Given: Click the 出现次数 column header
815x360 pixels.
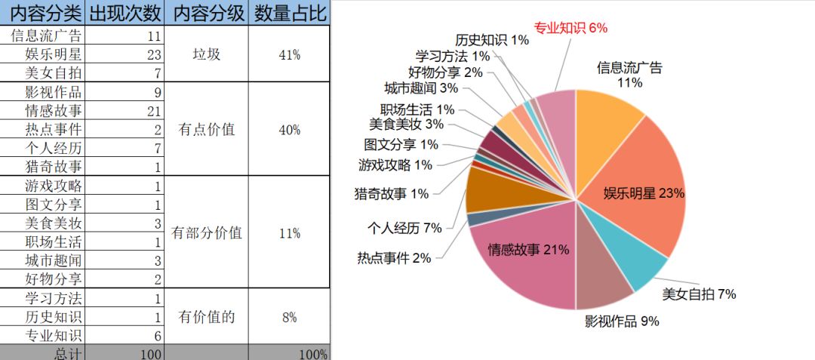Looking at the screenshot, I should coord(125,13).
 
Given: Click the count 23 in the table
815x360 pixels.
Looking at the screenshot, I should coord(151,54).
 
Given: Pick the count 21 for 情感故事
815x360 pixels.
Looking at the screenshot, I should coord(151,111).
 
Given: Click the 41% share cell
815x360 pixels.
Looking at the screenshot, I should coord(290,54).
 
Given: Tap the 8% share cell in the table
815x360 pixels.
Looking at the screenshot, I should coord(290,318).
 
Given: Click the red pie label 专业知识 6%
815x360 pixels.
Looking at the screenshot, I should coord(570,28).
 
